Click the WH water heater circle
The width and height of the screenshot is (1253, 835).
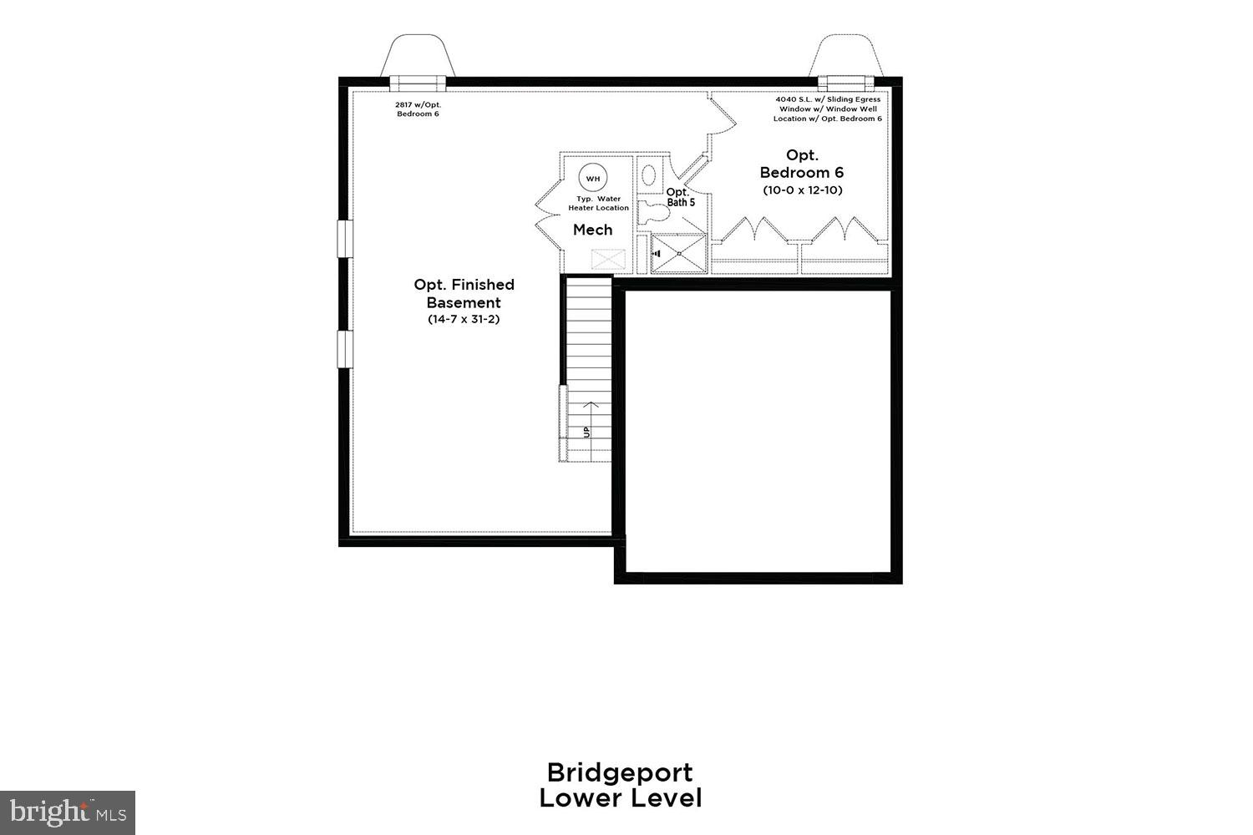pyautogui.click(x=592, y=179)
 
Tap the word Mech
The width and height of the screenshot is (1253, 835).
pyautogui.click(x=592, y=230)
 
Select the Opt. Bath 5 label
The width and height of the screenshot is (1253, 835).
pyautogui.click(x=680, y=196)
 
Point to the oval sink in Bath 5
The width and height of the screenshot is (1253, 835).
pyautogui.click(x=648, y=175)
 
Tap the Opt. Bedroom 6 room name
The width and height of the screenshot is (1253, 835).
pyautogui.click(x=802, y=164)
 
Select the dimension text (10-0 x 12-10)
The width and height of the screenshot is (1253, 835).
pyautogui.click(x=802, y=190)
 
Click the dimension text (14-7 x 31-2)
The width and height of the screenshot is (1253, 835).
pyautogui.click(x=464, y=319)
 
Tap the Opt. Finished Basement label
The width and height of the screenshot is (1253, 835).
pyautogui.click(x=464, y=293)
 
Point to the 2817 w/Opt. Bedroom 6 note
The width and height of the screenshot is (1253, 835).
pyautogui.click(x=418, y=109)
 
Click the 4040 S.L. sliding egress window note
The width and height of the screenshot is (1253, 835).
pyautogui.click(x=827, y=109)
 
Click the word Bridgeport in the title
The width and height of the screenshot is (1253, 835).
pyautogui.click(x=620, y=772)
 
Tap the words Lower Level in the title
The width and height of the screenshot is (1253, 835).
pyautogui.click(x=620, y=798)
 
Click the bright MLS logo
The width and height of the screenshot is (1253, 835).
pyautogui.click(x=68, y=811)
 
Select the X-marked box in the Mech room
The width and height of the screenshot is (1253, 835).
pyautogui.click(x=608, y=259)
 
